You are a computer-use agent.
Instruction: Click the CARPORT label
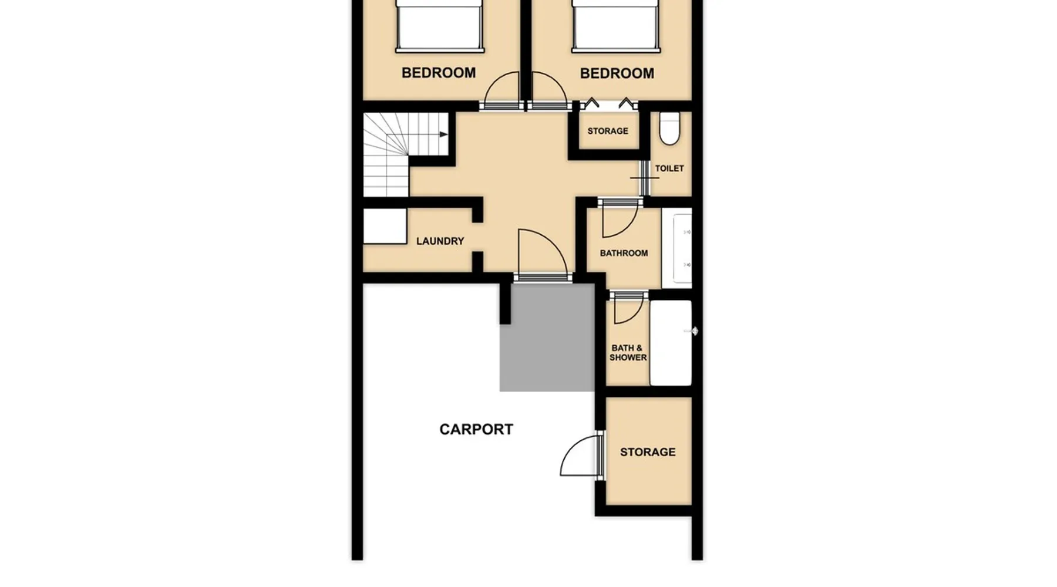click(476, 429)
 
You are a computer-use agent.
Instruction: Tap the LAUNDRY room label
click(440, 241)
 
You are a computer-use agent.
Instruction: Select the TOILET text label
click(669, 168)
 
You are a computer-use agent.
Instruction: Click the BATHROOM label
click(624, 253)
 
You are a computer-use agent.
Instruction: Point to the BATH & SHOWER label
click(628, 352)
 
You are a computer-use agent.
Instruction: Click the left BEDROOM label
click(439, 73)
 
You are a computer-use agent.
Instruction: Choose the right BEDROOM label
click(617, 73)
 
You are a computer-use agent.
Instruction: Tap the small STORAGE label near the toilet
click(608, 131)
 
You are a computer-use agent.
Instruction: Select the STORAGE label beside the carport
click(648, 452)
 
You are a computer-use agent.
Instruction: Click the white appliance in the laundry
click(385, 226)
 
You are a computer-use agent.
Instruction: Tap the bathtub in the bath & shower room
click(671, 343)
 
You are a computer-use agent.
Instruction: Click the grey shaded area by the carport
click(547, 338)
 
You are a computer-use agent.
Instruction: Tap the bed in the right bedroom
click(616, 26)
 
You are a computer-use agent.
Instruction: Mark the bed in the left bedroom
click(439, 26)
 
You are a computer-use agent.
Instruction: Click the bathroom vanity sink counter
click(677, 248)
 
